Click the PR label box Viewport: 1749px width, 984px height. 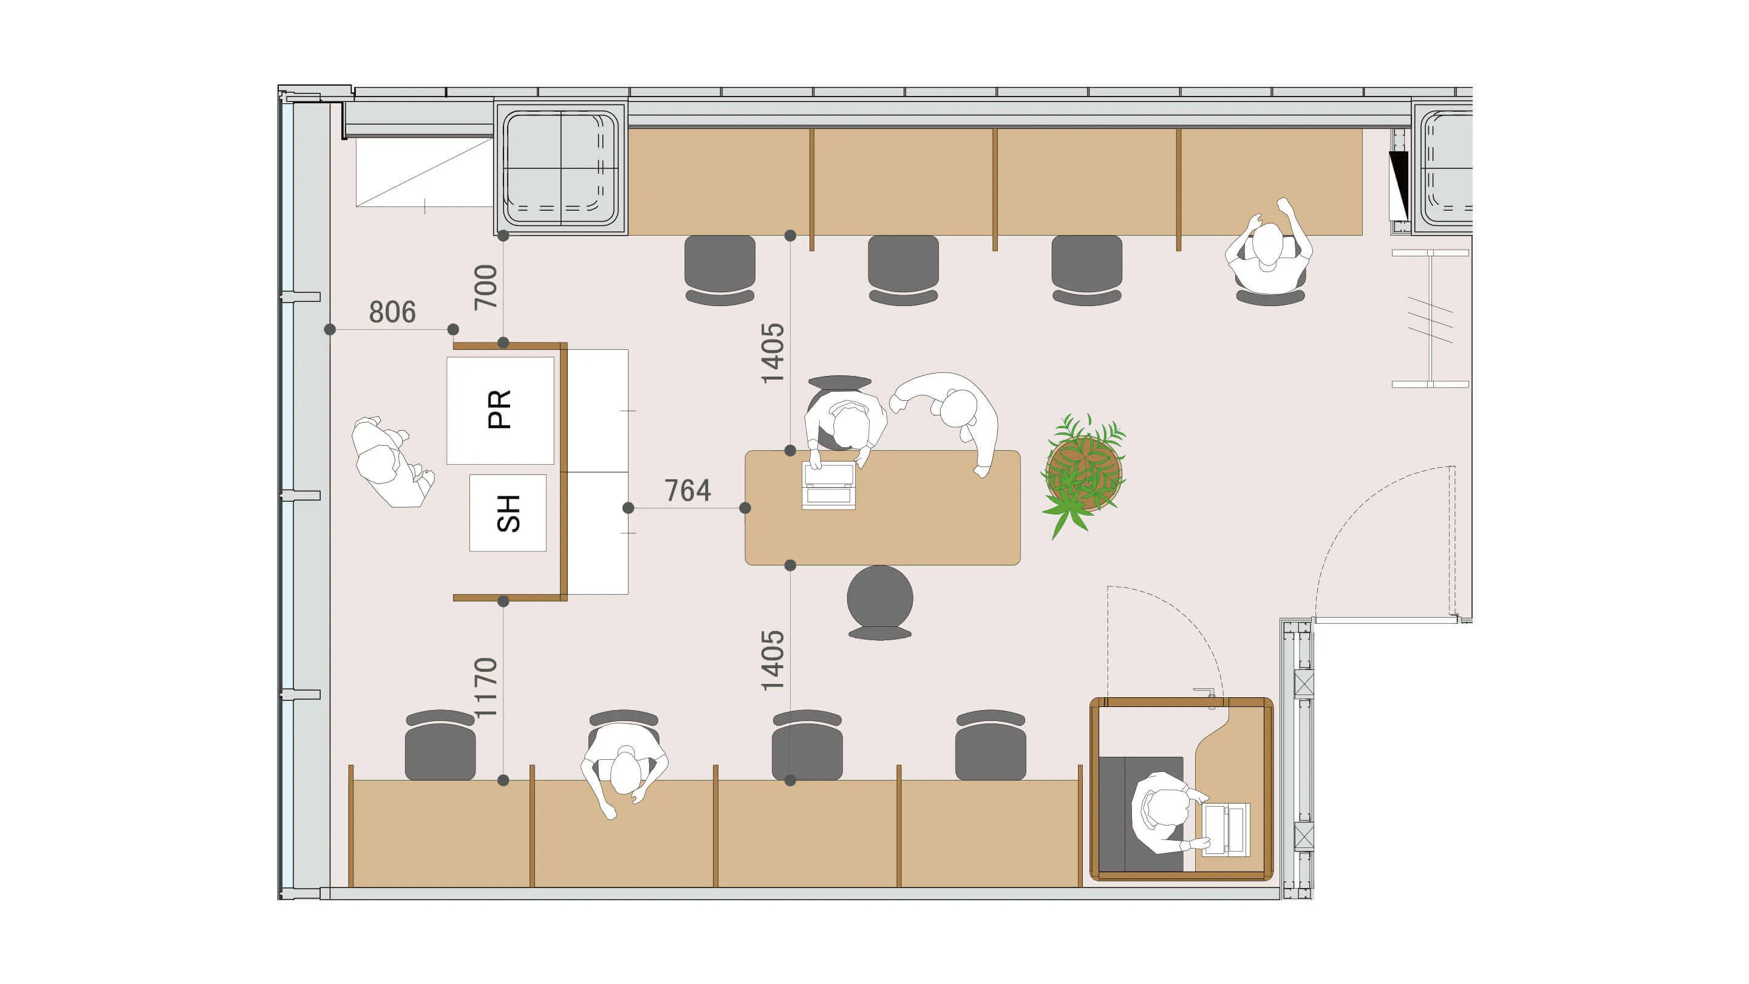click(x=500, y=410)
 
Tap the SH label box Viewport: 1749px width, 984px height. click(x=508, y=513)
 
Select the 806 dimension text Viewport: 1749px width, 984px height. click(x=392, y=312)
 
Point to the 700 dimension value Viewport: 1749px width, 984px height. click(x=485, y=287)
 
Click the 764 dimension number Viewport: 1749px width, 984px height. click(x=688, y=490)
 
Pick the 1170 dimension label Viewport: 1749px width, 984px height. click(x=485, y=687)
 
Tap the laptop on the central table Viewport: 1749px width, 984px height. click(x=828, y=485)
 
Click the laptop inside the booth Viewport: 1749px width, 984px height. click(x=1226, y=829)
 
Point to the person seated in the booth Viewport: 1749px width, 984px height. click(x=1169, y=812)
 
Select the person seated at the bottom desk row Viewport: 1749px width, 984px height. click(x=623, y=771)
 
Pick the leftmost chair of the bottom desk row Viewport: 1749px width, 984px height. click(x=440, y=745)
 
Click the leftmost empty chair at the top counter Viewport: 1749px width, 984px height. click(x=720, y=270)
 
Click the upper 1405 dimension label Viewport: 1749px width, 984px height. click(x=772, y=353)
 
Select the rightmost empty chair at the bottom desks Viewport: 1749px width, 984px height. click(x=990, y=745)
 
